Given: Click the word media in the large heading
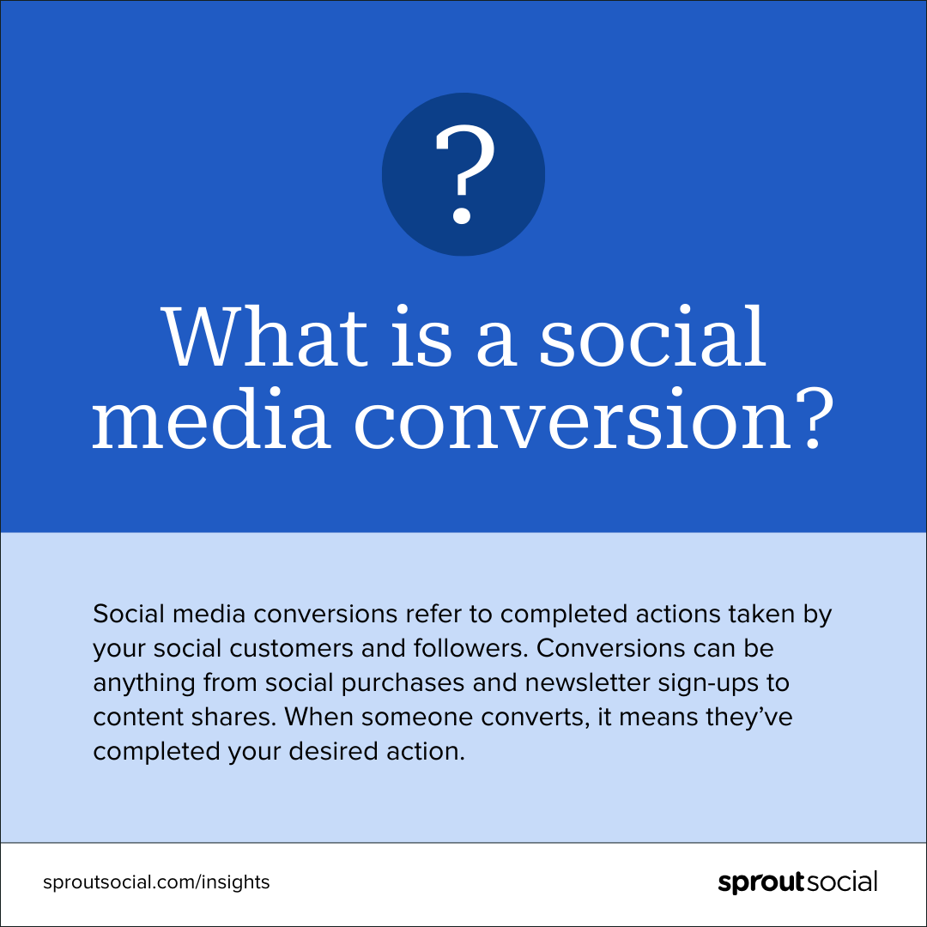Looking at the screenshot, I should pyautogui.click(x=211, y=421).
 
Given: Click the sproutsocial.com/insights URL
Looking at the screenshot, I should pyautogui.click(x=156, y=882).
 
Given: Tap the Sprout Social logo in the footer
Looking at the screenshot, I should pyautogui.click(x=797, y=882).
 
